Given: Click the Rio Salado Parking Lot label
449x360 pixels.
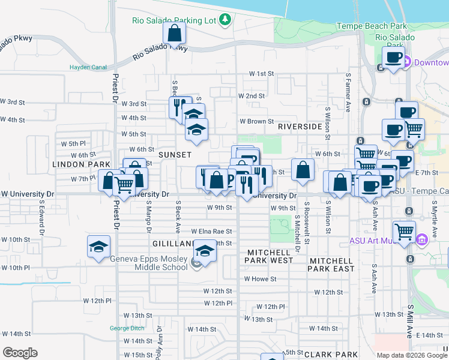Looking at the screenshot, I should pos(174,20).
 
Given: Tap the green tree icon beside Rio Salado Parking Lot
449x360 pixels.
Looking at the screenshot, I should pos(225,20).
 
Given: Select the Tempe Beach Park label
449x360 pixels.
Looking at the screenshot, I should pos(372,26).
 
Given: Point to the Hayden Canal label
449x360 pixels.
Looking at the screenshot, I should pos(88,67).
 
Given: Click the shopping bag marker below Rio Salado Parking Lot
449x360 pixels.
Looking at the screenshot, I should pos(174,34).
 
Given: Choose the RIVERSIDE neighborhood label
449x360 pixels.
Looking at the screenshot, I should pos(300,127).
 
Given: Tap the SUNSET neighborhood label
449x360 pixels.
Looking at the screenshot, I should pos(175,154).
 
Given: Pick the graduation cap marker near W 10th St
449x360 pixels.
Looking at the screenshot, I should pos(99,247).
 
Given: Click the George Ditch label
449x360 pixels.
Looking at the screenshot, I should pos(127,328).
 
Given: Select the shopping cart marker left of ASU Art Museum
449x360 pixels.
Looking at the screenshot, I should pos(404,231).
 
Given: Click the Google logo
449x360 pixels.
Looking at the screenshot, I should pos(20,353).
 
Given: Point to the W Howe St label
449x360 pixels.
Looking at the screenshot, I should pos(260,279).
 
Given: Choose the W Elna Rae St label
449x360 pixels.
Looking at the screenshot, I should pos(211,231).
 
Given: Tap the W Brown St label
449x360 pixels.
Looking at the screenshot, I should pos(256,121).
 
